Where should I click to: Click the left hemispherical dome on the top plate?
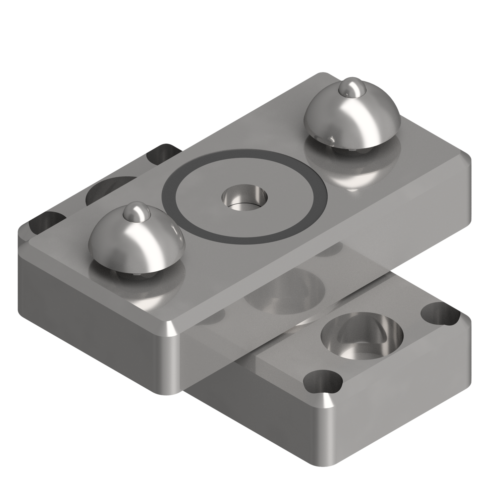136,239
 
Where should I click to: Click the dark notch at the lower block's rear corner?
162,152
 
